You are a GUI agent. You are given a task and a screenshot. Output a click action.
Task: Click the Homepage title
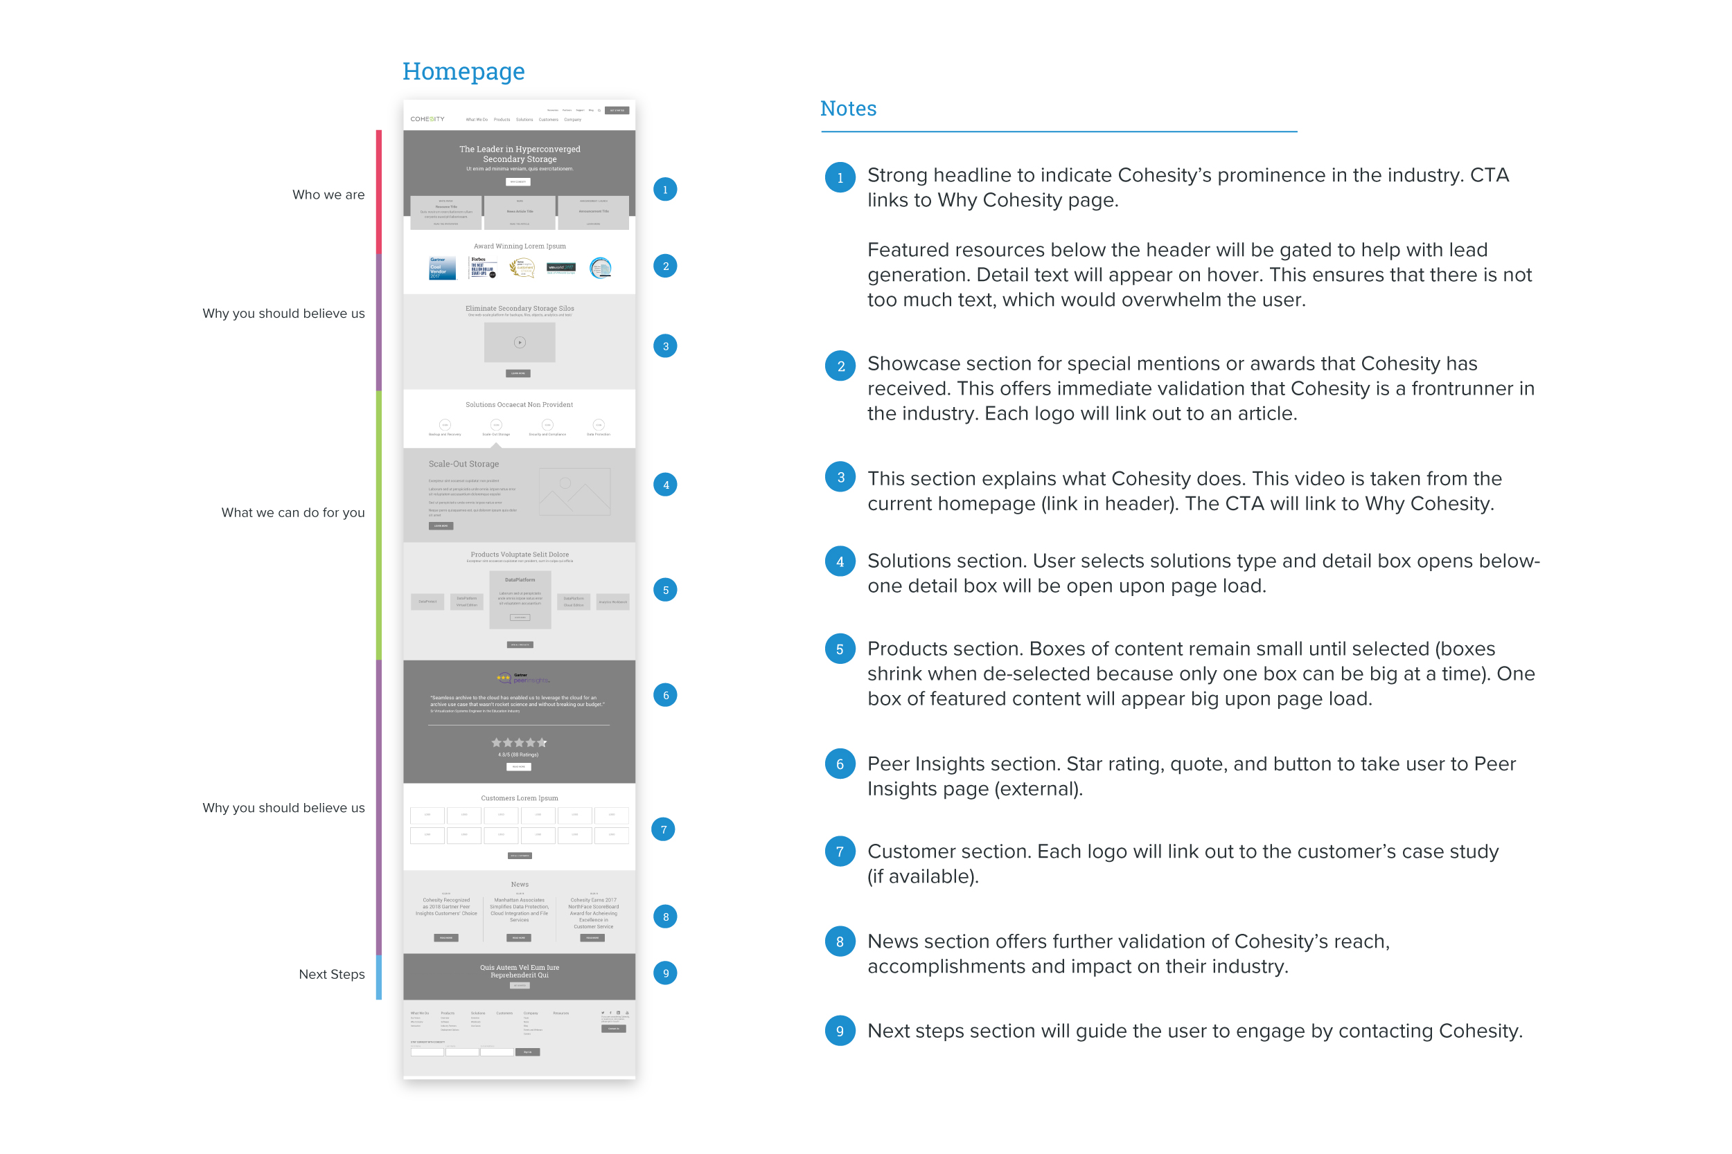(463, 71)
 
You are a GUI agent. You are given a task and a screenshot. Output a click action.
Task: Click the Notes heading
(848, 109)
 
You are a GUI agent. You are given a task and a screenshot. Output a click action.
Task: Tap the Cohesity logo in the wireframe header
(427, 119)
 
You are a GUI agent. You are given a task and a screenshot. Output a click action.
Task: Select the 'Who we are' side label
(328, 195)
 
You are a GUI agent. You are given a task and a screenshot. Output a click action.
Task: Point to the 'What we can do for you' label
(293, 513)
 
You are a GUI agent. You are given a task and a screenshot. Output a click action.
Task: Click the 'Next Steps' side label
(331, 975)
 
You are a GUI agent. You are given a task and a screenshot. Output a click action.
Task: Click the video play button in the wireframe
(520, 342)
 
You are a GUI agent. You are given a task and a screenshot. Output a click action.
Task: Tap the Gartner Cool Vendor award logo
(442, 268)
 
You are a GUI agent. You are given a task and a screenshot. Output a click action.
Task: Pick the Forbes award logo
(483, 267)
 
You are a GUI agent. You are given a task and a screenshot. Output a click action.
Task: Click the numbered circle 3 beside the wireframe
(665, 346)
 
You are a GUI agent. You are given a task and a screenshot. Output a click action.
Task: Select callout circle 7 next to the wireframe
(664, 829)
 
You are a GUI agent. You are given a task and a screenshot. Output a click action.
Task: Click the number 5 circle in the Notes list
(840, 649)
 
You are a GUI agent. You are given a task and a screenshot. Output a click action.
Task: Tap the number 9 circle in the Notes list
(840, 1031)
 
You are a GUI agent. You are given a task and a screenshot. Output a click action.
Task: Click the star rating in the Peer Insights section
(519, 743)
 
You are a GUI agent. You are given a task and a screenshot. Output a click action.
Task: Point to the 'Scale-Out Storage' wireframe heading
(464, 465)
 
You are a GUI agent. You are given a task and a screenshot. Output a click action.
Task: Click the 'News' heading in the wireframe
(519, 885)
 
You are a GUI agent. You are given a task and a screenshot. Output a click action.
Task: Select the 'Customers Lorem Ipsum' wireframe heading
(519, 797)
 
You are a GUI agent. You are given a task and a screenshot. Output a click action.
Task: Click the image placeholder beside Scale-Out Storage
(574, 492)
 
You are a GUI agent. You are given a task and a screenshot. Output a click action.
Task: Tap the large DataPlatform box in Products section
(520, 599)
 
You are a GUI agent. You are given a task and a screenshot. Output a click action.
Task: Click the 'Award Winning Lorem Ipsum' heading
(519, 246)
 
